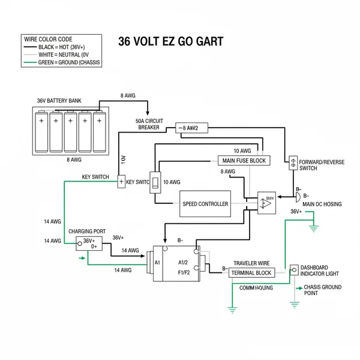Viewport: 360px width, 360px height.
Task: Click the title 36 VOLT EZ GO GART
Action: point(170,41)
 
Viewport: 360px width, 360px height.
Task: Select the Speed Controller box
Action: point(205,204)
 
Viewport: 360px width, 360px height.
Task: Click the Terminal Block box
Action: point(251,273)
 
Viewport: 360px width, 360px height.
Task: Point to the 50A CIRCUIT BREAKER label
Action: point(149,124)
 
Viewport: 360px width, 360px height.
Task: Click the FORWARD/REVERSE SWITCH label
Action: point(321,165)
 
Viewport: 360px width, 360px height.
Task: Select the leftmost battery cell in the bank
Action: point(41,131)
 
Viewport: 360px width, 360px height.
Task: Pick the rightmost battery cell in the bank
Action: point(100,131)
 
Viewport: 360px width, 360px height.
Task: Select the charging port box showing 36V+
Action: point(89,243)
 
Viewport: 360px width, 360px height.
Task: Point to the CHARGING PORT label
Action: point(88,231)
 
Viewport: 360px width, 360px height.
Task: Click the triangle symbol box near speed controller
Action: point(267,202)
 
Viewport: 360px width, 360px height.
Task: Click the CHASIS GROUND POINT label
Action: point(323,290)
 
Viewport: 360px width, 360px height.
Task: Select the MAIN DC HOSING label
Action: point(322,204)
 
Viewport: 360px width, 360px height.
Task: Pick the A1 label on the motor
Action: point(158,262)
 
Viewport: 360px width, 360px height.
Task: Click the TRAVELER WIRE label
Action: point(252,263)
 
